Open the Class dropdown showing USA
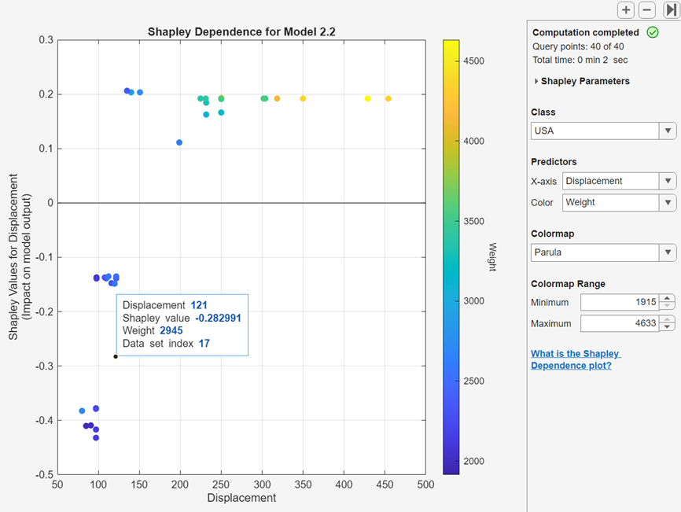pyautogui.click(x=603, y=131)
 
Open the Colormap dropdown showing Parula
pyautogui.click(x=603, y=252)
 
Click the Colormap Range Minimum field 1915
pyautogui.click(x=619, y=302)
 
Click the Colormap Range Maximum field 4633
pyautogui.click(x=619, y=323)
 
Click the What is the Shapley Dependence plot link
pyautogui.click(x=575, y=359)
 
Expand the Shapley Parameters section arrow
pyautogui.click(x=536, y=81)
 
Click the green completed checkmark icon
pyautogui.click(x=652, y=32)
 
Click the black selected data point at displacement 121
pyautogui.click(x=116, y=356)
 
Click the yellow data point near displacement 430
pyautogui.click(x=367, y=98)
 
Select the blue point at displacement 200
pyautogui.click(x=179, y=142)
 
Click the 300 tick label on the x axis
pyautogui.click(x=262, y=485)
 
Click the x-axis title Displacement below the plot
pyautogui.click(x=241, y=498)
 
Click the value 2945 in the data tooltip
pyautogui.click(x=171, y=330)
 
